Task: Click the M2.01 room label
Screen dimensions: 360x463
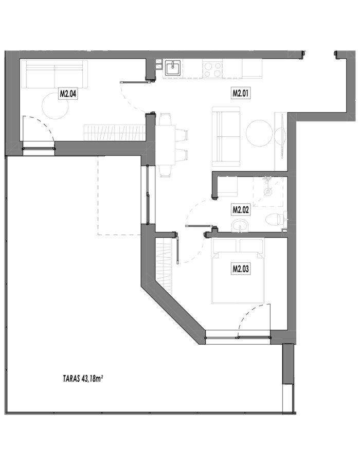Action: tap(241, 94)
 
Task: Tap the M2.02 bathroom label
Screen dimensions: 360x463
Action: tap(241, 210)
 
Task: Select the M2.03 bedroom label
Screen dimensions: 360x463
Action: tap(241, 269)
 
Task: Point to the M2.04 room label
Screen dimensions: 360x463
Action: tap(68, 94)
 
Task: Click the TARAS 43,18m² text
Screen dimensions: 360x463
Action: tap(83, 379)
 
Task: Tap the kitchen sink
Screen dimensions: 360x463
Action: tap(172, 68)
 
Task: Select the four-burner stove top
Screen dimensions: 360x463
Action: tap(212, 69)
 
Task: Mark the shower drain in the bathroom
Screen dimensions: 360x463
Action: tap(267, 191)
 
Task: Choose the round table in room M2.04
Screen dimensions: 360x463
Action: tap(55, 106)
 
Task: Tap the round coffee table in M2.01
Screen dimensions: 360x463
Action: tap(259, 133)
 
